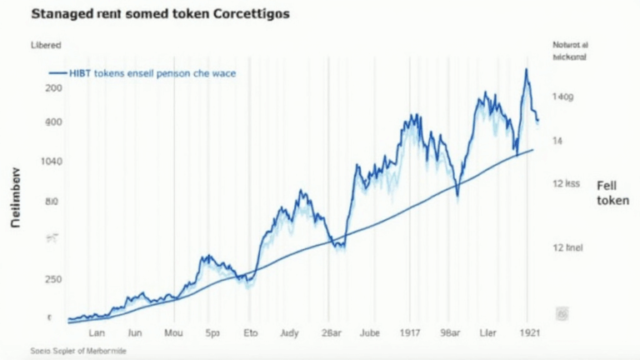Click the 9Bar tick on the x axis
point(451,332)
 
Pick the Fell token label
point(612,193)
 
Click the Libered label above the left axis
point(47,45)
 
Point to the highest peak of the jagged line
point(527,70)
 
